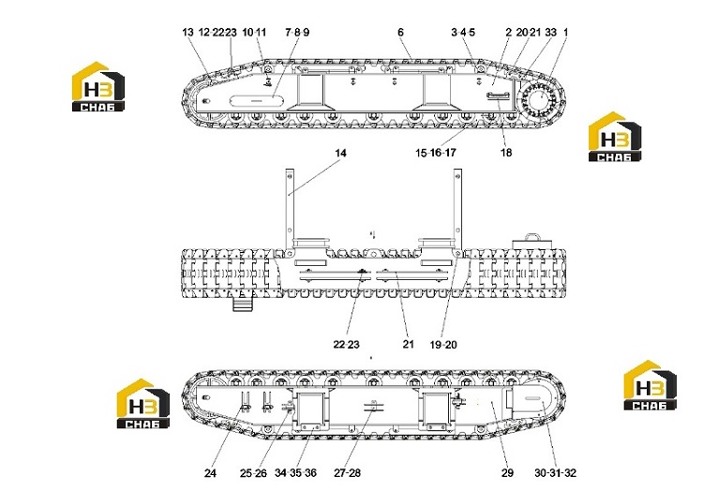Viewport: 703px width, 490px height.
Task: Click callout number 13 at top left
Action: coord(187,32)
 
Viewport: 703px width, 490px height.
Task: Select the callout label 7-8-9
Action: coord(297,32)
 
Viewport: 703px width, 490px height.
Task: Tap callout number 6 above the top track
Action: coord(400,32)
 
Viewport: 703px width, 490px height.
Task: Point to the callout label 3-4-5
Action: coord(463,32)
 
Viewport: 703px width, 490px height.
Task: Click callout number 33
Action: coord(550,32)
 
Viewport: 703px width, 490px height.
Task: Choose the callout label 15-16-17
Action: coord(435,153)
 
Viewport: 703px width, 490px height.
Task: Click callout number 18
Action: coord(506,153)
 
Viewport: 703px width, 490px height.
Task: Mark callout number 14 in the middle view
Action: coord(341,154)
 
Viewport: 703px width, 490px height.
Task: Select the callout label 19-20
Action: coord(443,345)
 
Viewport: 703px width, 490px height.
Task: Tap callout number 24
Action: coord(210,473)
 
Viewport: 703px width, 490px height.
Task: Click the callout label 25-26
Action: coord(253,473)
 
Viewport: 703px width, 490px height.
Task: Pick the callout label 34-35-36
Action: coord(295,473)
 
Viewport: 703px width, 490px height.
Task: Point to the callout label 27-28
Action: coord(347,473)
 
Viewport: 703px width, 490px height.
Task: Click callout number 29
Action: coord(507,473)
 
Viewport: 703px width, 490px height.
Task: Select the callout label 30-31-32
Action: coord(555,473)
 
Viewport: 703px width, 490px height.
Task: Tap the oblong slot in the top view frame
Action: coord(257,101)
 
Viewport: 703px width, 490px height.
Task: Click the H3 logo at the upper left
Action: coord(98,86)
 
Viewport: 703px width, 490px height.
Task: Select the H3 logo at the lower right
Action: coord(651,386)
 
